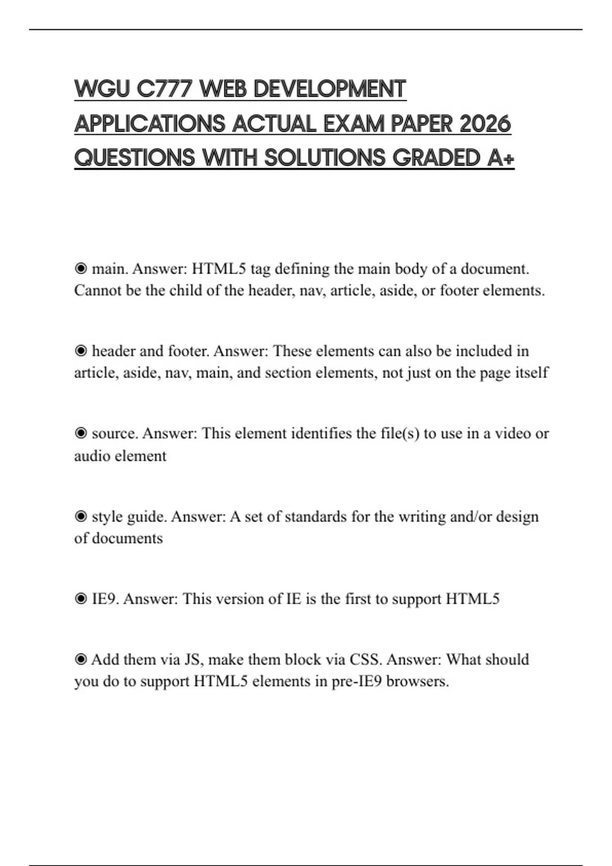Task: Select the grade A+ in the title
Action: coord(501,158)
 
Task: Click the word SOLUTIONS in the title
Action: coord(325,158)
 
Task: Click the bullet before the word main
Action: coord(81,268)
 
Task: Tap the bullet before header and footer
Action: coord(81,351)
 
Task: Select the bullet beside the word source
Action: coord(81,434)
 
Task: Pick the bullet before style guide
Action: coord(81,517)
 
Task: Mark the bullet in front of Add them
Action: coord(81,660)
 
